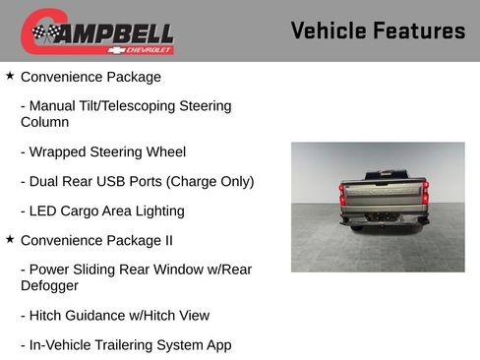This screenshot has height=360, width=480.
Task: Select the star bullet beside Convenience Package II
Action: pyautogui.click(x=10, y=239)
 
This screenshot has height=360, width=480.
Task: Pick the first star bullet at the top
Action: pyautogui.click(x=10, y=76)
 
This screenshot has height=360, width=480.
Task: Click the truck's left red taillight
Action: pyautogui.click(x=342, y=194)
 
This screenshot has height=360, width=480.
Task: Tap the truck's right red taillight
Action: pyautogui.click(x=425, y=194)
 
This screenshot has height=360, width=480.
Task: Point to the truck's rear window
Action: pyautogui.click(x=384, y=176)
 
